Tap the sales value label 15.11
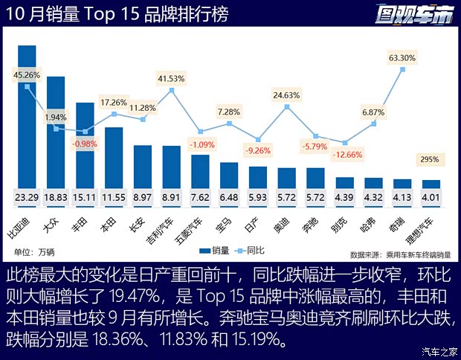click(x=85, y=197)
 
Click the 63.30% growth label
click(x=402, y=57)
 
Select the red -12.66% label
click(x=344, y=155)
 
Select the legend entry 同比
click(x=255, y=251)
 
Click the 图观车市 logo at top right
click(x=415, y=13)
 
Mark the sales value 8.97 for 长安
click(x=143, y=197)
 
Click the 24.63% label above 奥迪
click(x=286, y=95)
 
